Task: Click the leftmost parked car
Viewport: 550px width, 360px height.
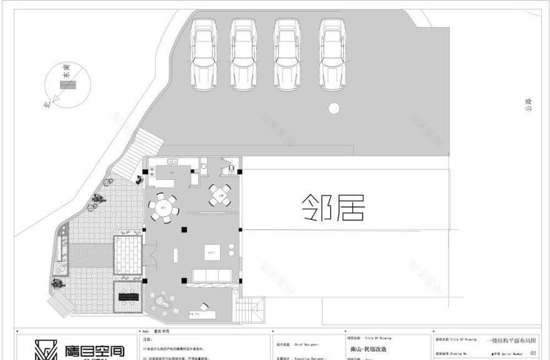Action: (203, 54)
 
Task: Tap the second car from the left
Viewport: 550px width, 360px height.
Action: (243, 54)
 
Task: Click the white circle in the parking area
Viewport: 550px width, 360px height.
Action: (334, 108)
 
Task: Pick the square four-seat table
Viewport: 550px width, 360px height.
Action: (219, 195)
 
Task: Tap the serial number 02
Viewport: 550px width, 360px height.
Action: (532, 353)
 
